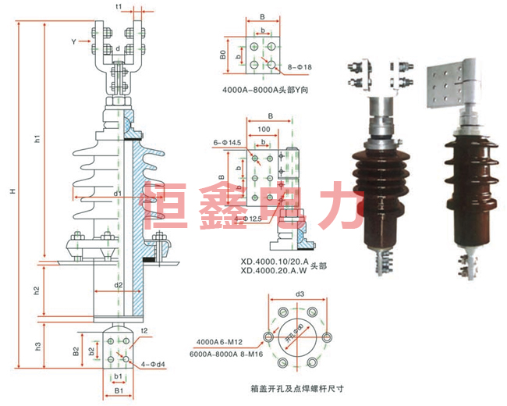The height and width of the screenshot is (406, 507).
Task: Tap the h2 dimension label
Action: tap(37, 290)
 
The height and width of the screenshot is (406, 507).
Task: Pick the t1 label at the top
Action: tap(119, 6)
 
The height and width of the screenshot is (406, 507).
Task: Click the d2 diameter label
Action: tap(118, 285)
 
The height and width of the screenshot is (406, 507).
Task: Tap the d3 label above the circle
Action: tap(300, 294)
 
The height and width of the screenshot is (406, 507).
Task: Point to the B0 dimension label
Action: tap(222, 55)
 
